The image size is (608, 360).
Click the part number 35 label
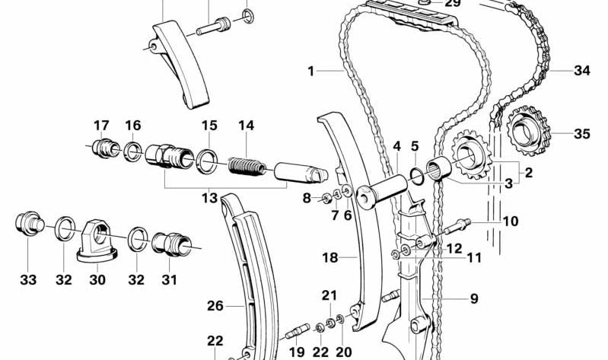point(581,134)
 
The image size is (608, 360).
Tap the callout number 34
point(581,71)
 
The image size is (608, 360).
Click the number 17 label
point(101,126)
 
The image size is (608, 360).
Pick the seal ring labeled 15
point(207,161)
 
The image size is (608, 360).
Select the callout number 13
point(209,198)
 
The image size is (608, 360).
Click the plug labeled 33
point(29,225)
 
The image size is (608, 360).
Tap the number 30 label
point(97,279)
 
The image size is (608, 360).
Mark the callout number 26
point(215,306)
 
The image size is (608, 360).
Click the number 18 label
point(330,257)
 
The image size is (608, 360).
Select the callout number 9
point(474,298)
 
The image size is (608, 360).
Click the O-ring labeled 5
point(417,177)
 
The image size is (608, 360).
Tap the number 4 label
point(396,147)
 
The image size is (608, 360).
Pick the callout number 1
point(310,71)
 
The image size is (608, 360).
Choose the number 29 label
point(452,4)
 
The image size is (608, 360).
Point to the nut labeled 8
point(326,199)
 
